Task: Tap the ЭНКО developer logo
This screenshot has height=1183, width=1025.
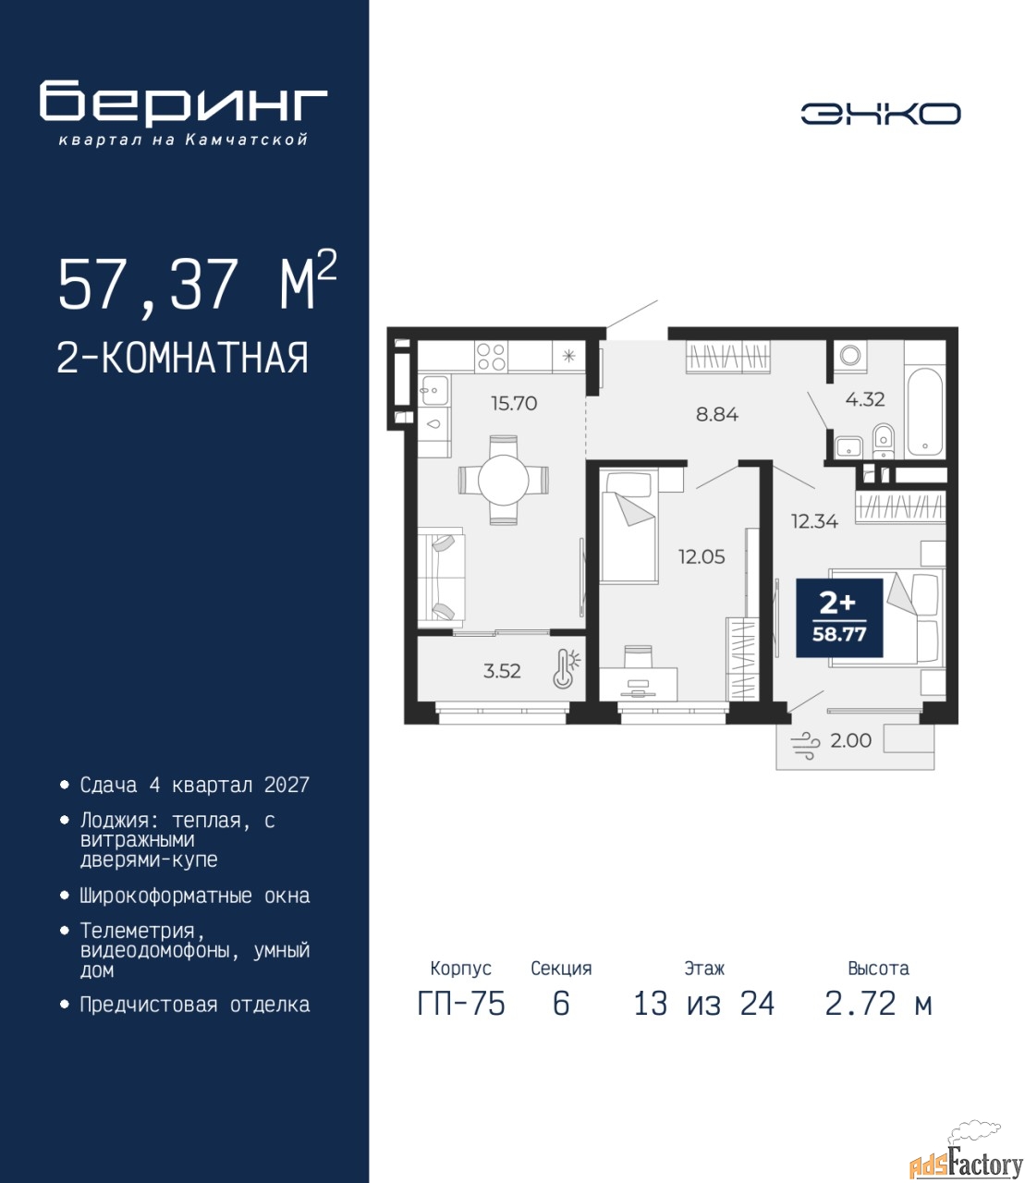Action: [881, 114]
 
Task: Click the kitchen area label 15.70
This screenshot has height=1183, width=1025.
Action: [514, 404]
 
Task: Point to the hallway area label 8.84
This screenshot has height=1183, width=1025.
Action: [717, 414]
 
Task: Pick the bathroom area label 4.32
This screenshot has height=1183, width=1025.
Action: [865, 399]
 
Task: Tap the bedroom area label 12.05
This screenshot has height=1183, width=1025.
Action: [702, 555]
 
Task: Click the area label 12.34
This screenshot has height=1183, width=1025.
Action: [814, 521]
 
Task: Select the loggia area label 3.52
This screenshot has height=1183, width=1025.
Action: [502, 671]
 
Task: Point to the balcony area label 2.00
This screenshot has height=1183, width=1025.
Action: [851, 740]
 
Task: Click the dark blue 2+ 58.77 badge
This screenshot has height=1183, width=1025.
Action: [839, 617]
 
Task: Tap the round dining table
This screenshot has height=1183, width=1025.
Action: [504, 480]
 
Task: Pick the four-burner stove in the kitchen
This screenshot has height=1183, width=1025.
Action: [491, 357]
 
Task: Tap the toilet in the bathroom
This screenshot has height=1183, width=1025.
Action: [884, 442]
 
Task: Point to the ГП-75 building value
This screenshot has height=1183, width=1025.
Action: [461, 1004]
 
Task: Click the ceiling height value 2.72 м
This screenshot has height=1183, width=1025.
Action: [878, 1004]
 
